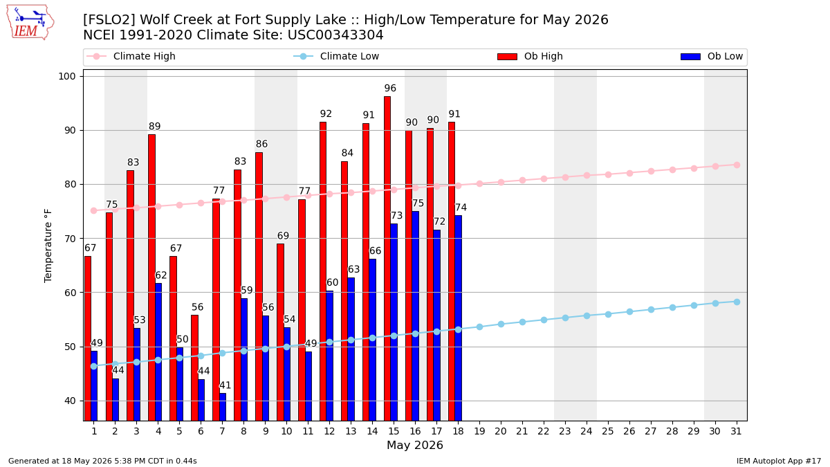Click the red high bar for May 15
point(387,258)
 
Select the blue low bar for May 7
point(223,407)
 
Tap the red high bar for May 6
point(194,367)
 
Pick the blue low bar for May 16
point(416,315)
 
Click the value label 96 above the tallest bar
point(390,89)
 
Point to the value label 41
point(225,385)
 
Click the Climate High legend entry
point(131,56)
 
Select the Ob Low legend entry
point(712,56)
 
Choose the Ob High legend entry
point(531,56)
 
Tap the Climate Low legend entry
point(336,56)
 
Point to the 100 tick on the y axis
point(66,76)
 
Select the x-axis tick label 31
point(736,432)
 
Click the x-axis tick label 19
point(479,432)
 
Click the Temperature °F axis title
point(48,246)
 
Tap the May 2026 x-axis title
point(415,445)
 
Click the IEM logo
point(30,23)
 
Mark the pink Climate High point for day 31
point(737,165)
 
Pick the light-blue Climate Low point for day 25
point(608,314)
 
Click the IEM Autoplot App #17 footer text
point(779,461)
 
